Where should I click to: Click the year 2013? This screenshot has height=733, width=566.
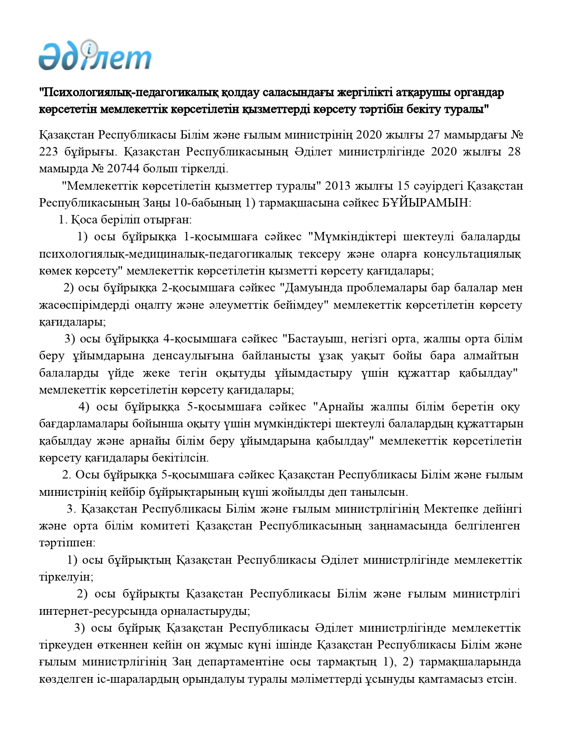point(341,186)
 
